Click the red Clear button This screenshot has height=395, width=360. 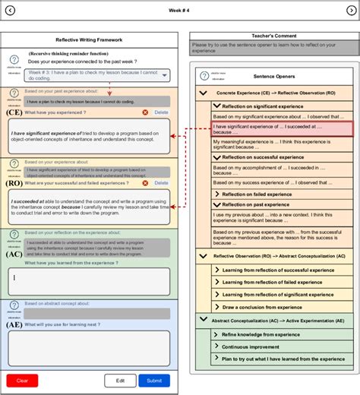(22, 381)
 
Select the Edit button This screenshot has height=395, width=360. (120, 381)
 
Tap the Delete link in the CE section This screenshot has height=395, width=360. (161, 112)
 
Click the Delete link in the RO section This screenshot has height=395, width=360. (161, 183)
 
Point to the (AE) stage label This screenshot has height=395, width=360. (14, 324)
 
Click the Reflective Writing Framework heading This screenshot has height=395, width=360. (89, 39)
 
